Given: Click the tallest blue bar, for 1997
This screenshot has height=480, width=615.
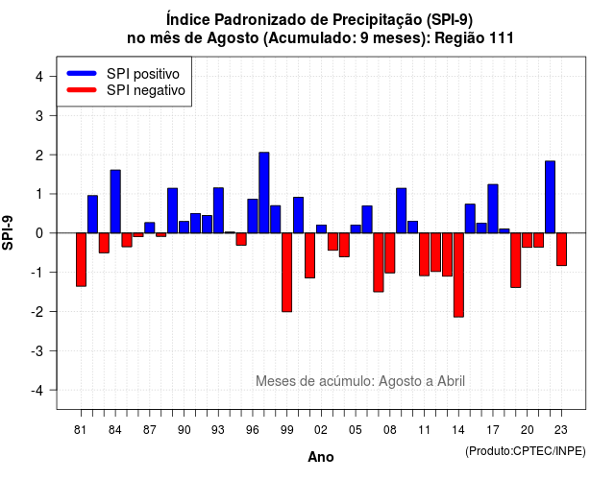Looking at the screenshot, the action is tap(264, 192).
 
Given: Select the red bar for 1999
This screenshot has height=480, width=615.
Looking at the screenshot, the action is tap(286, 273).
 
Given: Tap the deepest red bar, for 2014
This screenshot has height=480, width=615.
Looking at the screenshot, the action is tap(458, 276).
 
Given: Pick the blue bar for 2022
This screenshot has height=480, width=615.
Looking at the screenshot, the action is tap(550, 197).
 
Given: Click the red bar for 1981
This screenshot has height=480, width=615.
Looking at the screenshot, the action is tap(81, 260).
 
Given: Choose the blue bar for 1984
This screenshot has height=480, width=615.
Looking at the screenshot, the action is tap(115, 202).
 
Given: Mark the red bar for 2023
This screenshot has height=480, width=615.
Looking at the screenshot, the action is tap(561, 250).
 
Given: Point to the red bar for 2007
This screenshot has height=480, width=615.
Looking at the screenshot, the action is tap(379, 262).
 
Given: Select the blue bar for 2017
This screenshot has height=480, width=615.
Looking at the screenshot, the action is tap(493, 209).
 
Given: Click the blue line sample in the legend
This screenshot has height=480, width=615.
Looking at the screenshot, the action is tap(82, 73).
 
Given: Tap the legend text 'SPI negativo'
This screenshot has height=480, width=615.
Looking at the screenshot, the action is tap(145, 90).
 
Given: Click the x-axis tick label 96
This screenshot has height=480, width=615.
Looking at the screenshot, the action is tap(253, 430).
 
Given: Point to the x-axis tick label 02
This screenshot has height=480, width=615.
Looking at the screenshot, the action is tap(321, 430).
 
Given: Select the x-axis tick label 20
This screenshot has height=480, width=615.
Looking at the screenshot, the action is tap(528, 430).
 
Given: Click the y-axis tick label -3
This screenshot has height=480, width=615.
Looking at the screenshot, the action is tap(37, 351).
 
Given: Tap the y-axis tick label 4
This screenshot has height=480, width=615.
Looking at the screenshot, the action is tap(39, 77).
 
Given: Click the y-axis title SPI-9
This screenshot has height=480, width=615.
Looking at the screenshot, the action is tap(8, 232).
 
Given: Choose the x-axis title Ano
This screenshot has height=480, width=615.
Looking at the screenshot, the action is tap(321, 457).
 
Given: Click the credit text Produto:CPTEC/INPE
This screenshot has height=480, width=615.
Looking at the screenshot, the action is tap(526, 451).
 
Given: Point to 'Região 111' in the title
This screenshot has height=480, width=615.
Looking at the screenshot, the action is tap(474, 38).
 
